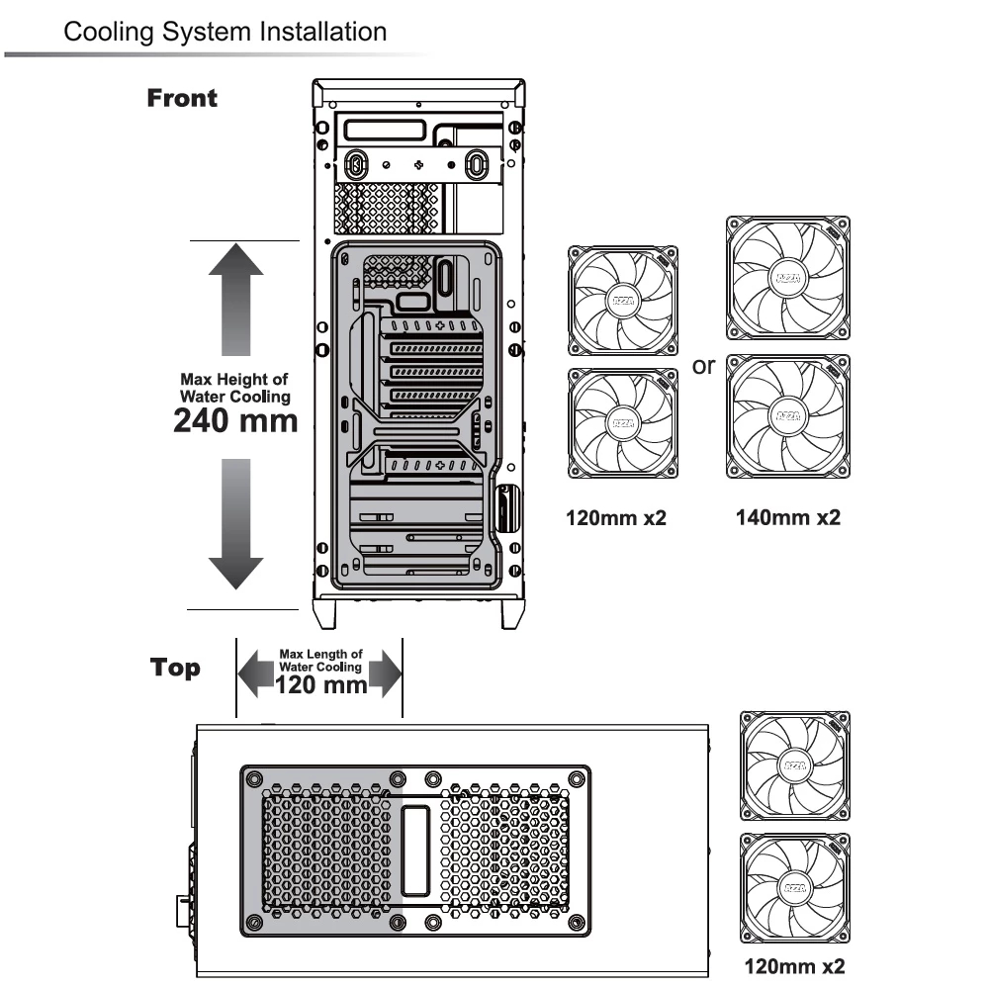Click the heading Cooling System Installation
[225, 32]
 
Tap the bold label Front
[182, 98]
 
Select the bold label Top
[175, 668]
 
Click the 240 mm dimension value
[235, 420]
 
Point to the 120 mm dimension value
[320, 684]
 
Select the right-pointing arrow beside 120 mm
[386, 674]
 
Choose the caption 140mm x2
[788, 516]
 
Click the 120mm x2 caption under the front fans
[616, 516]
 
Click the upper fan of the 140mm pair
[788, 278]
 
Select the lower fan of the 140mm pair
[788, 416]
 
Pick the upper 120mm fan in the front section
[623, 301]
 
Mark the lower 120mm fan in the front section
[623, 424]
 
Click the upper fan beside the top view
[795, 766]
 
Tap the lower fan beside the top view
[795, 888]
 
